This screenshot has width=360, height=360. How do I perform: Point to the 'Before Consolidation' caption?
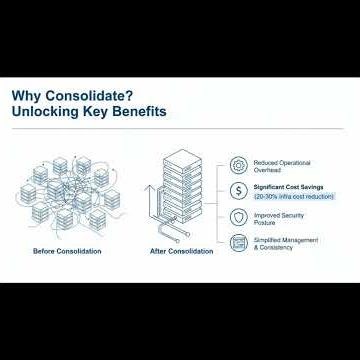[67, 250]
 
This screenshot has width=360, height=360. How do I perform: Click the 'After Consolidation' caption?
[180, 251]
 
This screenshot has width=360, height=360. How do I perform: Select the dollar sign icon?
[240, 191]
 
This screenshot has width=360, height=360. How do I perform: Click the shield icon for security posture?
[240, 217]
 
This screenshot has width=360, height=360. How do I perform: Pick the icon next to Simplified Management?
[240, 243]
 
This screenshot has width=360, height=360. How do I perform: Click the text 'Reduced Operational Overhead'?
[284, 166]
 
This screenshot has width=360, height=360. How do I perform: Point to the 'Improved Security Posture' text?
[280, 218]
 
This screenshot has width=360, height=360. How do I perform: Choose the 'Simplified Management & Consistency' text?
[287, 244]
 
